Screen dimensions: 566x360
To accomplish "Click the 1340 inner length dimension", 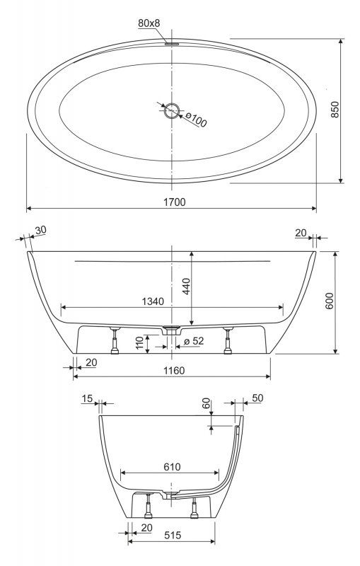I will coord(151,301).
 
